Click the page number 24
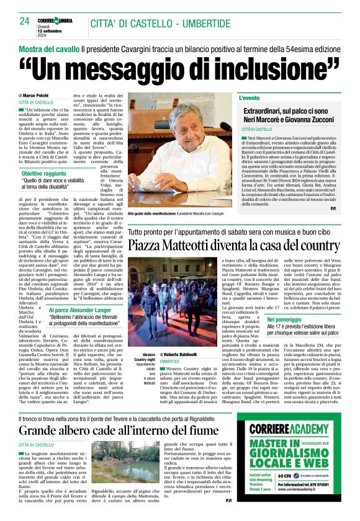[x=24, y=20]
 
